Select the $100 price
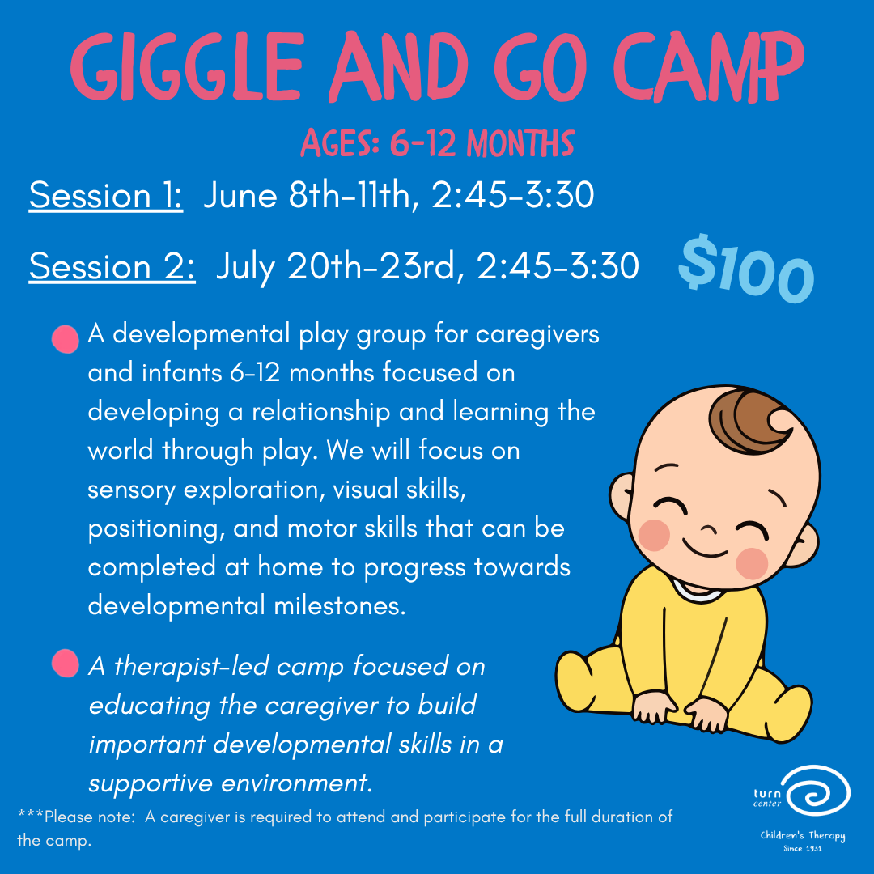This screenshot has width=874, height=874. [745, 266]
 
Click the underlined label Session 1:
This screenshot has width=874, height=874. [105, 197]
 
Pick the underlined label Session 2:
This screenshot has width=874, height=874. [112, 267]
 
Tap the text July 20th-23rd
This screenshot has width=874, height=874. [340, 267]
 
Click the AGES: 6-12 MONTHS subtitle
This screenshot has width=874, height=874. [437, 145]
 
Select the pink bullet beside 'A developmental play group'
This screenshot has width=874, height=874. [66, 339]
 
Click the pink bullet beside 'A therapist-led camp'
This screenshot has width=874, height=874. [66, 664]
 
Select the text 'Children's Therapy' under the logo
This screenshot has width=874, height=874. [802, 835]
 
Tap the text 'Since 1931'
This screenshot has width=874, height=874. [802, 849]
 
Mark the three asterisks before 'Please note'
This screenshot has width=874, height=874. [30, 817]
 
